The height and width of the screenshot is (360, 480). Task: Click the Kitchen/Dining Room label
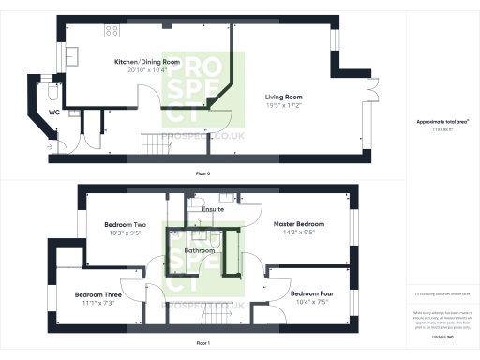pyautogui.click(x=141, y=62)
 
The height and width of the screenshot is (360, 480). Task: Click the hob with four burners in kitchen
pyautogui.click(x=112, y=30)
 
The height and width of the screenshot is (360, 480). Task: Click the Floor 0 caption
pyautogui.click(x=203, y=173)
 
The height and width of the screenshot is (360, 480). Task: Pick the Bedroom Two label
pyautogui.click(x=125, y=225)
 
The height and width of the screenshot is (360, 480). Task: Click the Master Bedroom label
pyautogui.click(x=298, y=225)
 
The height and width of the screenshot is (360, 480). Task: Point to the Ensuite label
pyautogui.click(x=213, y=209)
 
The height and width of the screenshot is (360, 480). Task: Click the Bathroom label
pyautogui.click(x=200, y=251)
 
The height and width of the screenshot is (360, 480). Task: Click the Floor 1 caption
pyautogui.click(x=203, y=344)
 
